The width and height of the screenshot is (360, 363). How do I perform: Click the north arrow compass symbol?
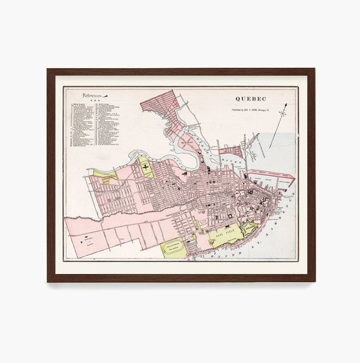pyautogui.click(x=284, y=111)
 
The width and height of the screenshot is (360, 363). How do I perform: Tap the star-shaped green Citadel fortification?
pyautogui.click(x=249, y=228)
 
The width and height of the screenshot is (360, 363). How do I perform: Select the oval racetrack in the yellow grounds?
pyautogui.click(x=175, y=250)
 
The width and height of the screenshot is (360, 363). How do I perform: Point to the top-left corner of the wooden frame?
pyautogui.click(x=49, y=69)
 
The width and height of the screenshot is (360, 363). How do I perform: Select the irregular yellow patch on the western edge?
pyautogui.click(x=105, y=175)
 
